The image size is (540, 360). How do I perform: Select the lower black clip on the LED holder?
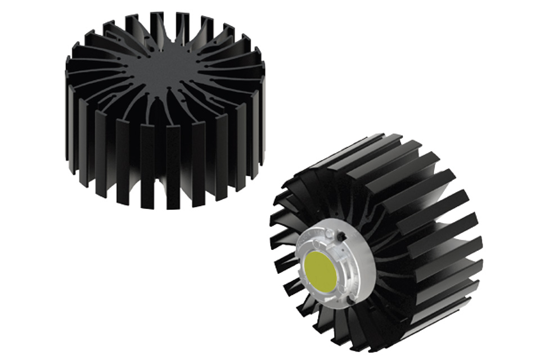tap(350, 300)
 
